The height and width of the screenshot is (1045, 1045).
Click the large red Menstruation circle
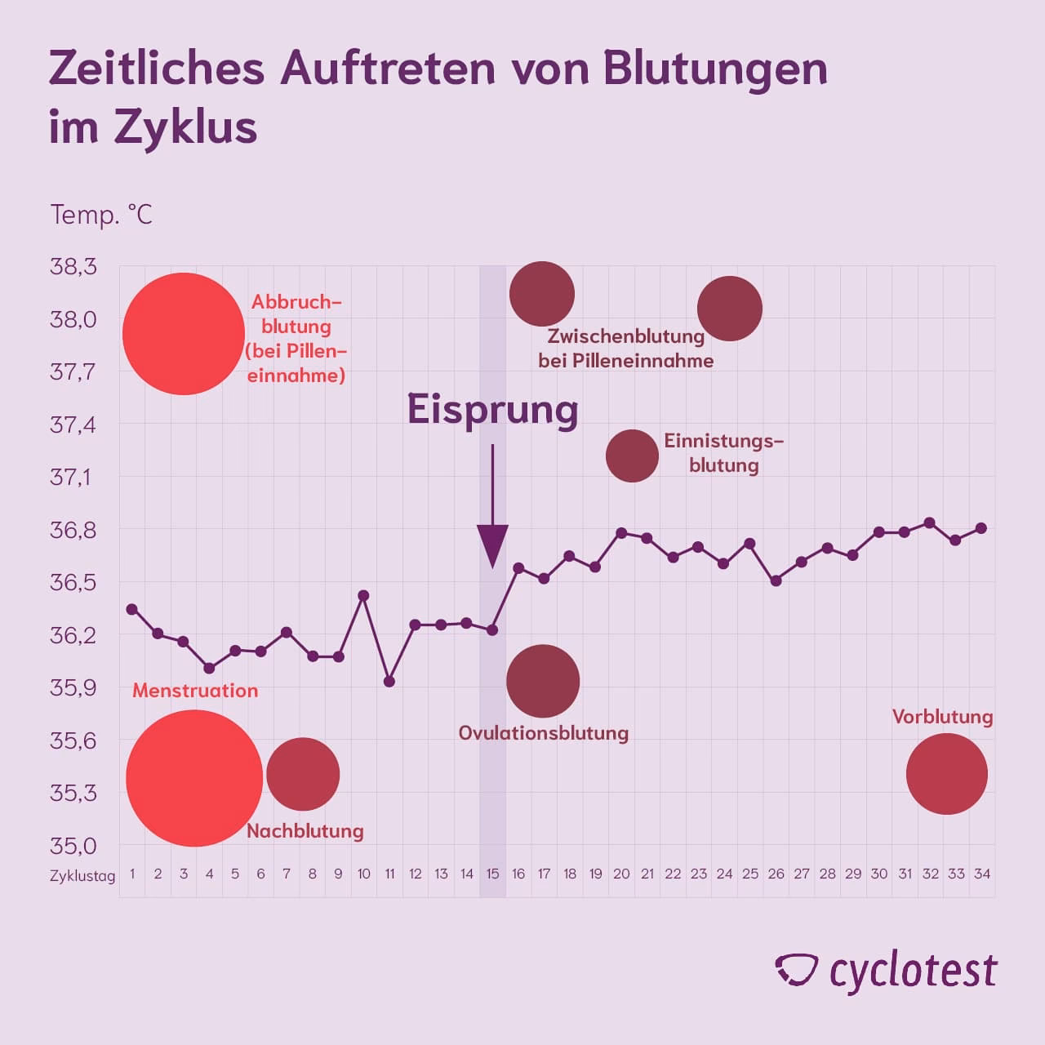point(194,778)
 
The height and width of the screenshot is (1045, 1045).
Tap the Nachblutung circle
point(303,774)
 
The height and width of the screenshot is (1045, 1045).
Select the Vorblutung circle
point(947,774)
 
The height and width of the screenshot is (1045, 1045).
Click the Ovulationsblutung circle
point(543,681)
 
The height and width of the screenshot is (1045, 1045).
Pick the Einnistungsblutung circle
point(632,456)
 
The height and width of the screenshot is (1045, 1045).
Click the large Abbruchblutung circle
point(184,333)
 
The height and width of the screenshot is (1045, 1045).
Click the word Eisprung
point(492,410)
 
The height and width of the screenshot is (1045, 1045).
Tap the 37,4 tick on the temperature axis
point(73,425)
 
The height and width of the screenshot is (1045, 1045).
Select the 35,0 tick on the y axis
point(73,846)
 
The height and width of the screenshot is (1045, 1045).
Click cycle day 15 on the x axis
point(492,874)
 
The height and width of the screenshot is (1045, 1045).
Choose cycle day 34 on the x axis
point(982,874)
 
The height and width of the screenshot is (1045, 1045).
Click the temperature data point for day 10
point(364,595)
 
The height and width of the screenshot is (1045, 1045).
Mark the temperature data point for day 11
point(389,681)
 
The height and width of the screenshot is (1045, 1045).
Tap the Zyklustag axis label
point(82,875)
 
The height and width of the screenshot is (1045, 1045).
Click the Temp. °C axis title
point(101,215)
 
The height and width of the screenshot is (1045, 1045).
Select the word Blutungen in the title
point(715,69)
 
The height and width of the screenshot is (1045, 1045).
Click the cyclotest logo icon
point(796,970)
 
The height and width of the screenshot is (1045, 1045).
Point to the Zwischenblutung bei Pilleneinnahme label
point(625,349)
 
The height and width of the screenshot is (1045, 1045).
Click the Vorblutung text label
point(942,717)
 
